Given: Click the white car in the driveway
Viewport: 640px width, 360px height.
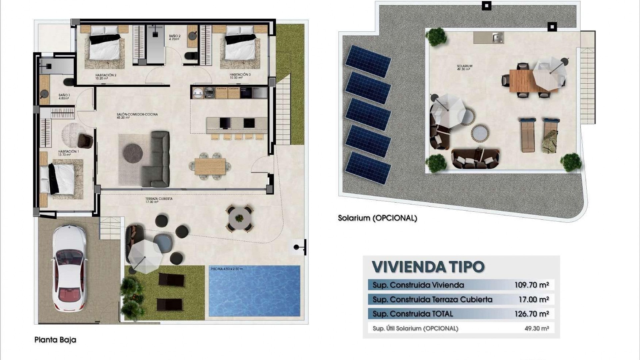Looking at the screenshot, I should pos(69,268).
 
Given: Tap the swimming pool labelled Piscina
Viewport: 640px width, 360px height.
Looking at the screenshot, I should pos(254,291).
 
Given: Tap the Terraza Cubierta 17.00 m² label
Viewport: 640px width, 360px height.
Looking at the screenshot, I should pos(159,200).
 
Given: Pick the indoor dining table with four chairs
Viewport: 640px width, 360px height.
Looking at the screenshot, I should pos(210,166).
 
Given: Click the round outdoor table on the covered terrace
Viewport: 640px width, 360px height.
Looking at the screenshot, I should pos(239,219).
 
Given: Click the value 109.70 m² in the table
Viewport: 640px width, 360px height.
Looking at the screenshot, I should pos(531,285).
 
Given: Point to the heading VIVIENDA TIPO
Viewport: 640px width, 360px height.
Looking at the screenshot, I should pos(428,267).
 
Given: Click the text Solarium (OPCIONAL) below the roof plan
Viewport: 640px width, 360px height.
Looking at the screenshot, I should pos(377,218).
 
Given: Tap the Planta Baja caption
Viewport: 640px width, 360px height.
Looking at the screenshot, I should pos(55,340).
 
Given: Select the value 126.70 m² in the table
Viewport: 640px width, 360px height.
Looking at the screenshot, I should pos(531,314).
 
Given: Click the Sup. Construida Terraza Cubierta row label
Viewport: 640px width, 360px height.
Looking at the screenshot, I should pos(432,299).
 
